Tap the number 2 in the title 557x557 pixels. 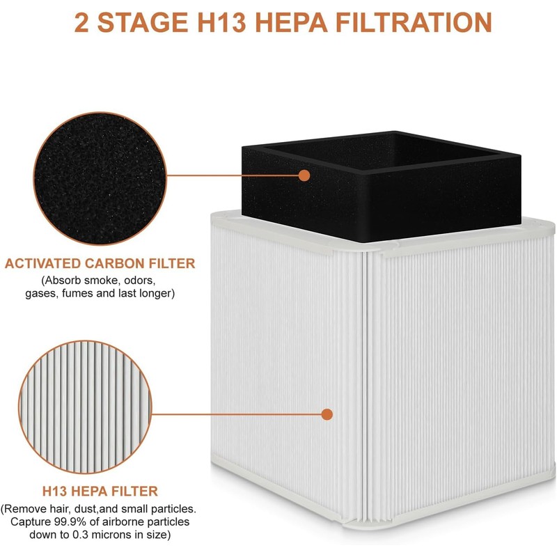[82, 22]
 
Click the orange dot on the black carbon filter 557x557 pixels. [304, 175]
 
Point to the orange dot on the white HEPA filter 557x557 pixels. [327, 414]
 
